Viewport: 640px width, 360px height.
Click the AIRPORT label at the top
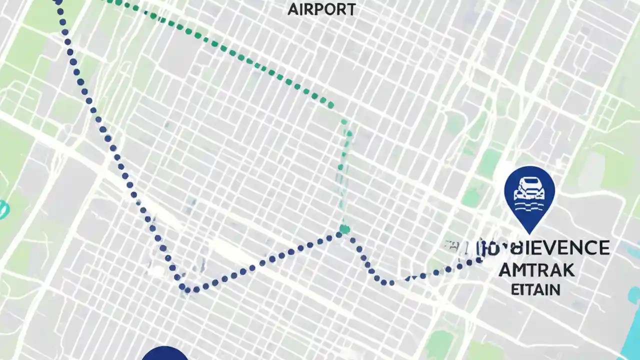click(x=321, y=9)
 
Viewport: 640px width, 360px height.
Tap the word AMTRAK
click(x=536, y=270)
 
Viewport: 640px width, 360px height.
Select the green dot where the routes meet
click(x=344, y=229)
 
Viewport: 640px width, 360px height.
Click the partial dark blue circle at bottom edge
click(x=164, y=353)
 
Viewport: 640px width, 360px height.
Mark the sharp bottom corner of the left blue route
click(x=185, y=288)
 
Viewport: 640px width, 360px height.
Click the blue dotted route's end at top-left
click(x=58, y=2)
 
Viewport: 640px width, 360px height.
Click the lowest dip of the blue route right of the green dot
click(x=390, y=282)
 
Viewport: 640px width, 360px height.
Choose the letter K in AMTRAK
click(x=567, y=270)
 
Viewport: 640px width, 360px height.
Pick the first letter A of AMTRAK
click(x=506, y=270)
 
